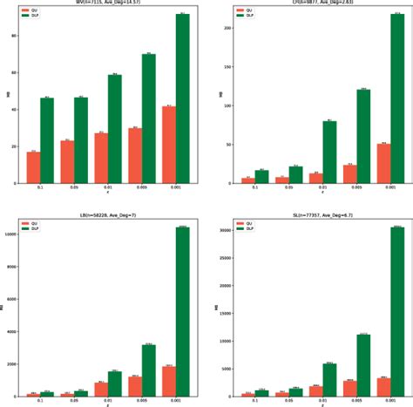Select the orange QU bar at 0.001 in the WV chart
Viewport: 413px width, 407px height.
point(168,145)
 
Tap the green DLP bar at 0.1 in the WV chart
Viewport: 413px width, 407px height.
point(47,140)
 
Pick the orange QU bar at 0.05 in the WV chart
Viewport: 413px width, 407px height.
point(67,162)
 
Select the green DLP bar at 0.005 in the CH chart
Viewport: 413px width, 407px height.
point(363,136)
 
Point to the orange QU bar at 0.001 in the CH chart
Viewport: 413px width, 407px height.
point(383,164)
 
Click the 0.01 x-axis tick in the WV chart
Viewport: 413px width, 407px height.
point(114,188)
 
